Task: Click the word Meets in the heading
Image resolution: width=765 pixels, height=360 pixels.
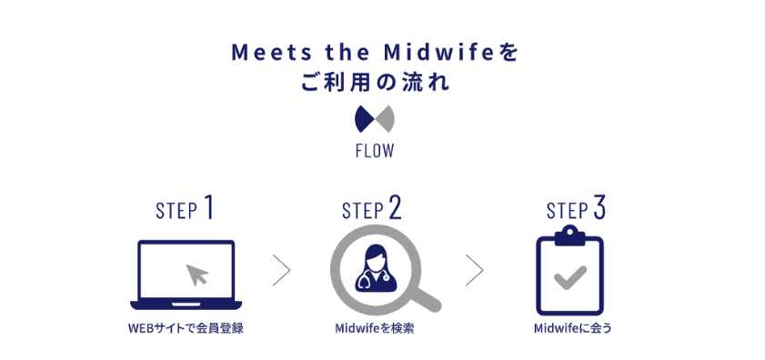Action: point(261,52)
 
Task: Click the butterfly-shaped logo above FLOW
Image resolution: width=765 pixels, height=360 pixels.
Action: point(374,118)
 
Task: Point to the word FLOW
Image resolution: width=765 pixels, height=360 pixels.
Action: point(374,151)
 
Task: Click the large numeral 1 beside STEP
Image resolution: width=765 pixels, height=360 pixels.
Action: point(209,207)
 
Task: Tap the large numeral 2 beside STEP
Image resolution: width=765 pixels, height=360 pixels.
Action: point(394,208)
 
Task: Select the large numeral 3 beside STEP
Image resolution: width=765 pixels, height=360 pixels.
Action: point(599,208)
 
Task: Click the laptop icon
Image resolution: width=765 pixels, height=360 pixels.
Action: point(185,275)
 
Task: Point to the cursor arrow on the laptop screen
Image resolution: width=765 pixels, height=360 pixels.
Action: point(195,274)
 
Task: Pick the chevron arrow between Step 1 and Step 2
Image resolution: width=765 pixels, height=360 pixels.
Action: point(282,269)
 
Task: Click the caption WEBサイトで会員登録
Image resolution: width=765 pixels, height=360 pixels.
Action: point(186,328)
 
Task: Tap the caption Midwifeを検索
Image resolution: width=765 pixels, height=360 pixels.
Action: point(375,328)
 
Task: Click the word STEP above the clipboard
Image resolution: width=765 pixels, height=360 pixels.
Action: point(566,211)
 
